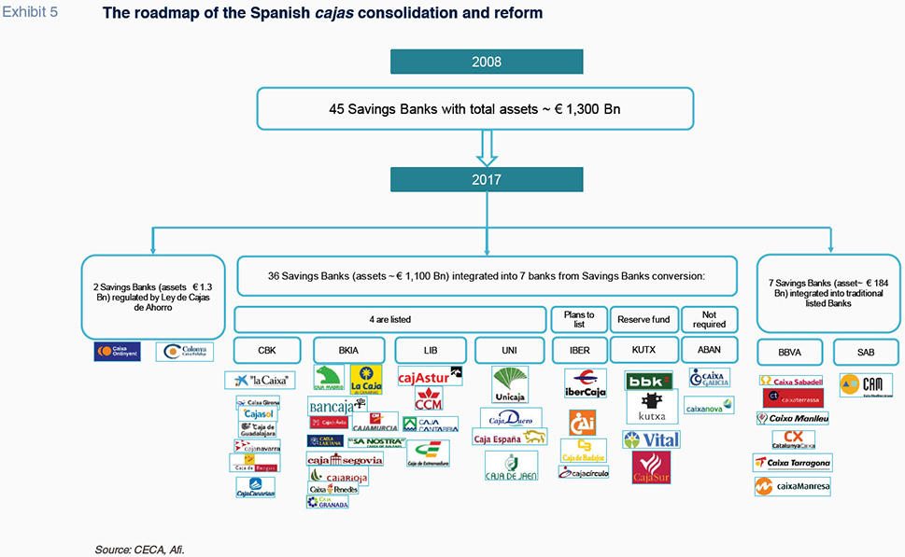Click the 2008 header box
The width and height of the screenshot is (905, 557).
tap(487, 63)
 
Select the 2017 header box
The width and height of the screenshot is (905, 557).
tap(487, 179)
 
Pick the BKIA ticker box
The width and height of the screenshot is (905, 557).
tap(346, 351)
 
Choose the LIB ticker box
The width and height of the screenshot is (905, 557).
tap(429, 351)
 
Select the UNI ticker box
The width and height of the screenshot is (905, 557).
tap(510, 351)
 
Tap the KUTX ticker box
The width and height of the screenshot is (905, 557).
tap(643, 351)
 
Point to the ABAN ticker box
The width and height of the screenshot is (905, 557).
tap(709, 351)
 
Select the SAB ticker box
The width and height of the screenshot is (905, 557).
tap(865, 352)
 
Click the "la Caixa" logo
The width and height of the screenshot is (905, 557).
tap(260, 380)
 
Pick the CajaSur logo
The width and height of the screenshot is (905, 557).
tap(651, 467)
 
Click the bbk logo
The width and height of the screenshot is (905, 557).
tap(649, 381)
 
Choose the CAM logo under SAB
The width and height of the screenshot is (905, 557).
tap(866, 384)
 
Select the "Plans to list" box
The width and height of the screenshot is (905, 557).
tap(578, 319)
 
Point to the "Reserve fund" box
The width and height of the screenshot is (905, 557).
tap(643, 319)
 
